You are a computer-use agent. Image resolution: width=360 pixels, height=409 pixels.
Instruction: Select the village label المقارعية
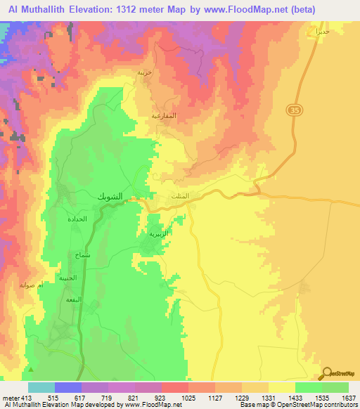coord(164,114)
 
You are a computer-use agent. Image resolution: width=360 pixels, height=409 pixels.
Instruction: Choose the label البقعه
coord(73,300)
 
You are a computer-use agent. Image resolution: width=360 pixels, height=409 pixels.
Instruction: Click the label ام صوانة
coord(33,285)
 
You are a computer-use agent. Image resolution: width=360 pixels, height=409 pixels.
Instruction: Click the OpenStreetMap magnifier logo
coord(328,373)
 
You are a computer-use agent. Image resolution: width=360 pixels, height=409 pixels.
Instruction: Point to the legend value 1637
coord(349,398)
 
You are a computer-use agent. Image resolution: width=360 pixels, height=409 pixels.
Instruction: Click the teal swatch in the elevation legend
coord(41,387)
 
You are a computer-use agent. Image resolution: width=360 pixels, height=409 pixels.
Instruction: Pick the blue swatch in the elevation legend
coord(67,387)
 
